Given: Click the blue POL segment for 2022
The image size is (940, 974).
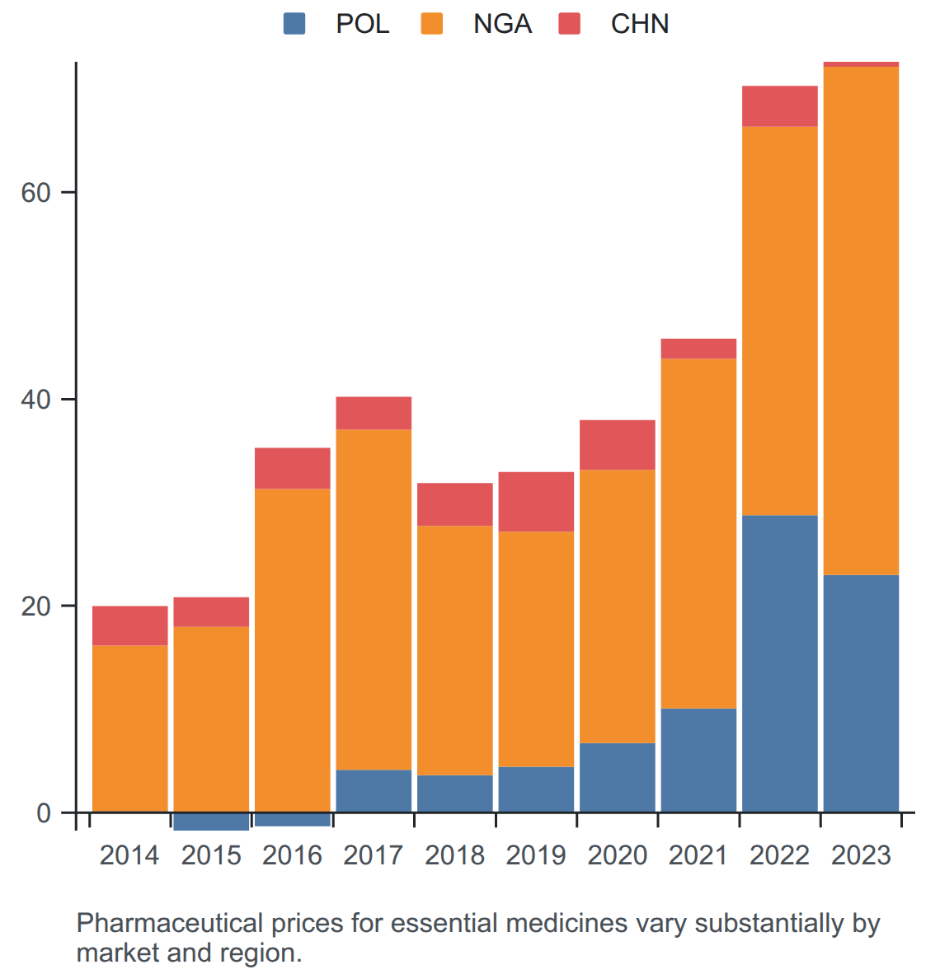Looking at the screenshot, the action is point(779,663).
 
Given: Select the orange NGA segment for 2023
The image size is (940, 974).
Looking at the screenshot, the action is point(861,321).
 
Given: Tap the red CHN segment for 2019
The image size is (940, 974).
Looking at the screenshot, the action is point(536,502).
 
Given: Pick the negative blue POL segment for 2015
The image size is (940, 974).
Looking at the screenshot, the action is point(211,822).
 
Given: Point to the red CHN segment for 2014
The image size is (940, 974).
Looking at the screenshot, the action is point(130,625).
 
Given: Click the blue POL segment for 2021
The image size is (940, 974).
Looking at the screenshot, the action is point(698,761).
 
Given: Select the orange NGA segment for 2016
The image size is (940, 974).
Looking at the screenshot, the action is point(292,650).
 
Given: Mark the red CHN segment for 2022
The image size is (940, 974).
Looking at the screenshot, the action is point(779,106).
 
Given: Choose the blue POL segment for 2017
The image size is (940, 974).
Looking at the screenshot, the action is point(374,791).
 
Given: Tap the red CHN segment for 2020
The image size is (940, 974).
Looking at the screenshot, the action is point(618,445).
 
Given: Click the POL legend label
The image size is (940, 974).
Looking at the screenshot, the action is point(363,24).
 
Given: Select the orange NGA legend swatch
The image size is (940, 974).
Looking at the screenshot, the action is point(431,24).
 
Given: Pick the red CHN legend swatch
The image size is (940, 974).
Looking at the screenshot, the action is point(569,24).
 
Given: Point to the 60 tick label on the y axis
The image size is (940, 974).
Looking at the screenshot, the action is point(35,193).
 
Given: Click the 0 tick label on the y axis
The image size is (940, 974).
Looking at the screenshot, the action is point(44,812).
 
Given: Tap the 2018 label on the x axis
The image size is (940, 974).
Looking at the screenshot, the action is point(454,855).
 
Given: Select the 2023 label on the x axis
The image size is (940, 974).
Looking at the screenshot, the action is point(861,855).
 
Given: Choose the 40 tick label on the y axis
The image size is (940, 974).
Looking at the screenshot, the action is point(35,400).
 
